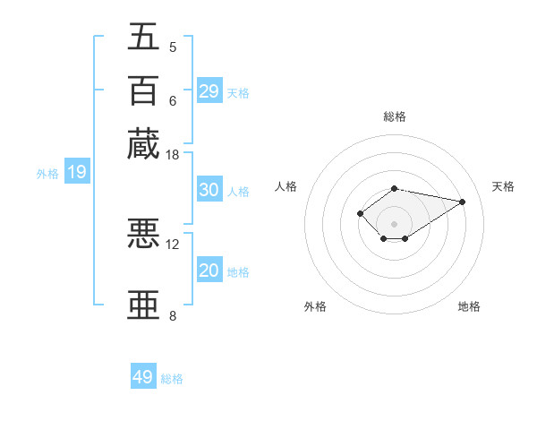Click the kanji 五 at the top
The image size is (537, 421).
[143, 37]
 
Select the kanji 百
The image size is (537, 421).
[143, 90]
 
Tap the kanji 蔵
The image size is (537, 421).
[143, 143]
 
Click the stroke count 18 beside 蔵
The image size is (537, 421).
[173, 155]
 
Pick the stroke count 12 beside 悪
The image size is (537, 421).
[173, 244]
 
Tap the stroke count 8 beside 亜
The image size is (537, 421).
[173, 315]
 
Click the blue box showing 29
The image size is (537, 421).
[209, 90]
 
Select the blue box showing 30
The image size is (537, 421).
[209, 190]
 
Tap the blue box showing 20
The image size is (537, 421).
[209, 271]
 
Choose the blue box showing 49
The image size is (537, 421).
[143, 377]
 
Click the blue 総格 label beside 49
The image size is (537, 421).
[172, 379]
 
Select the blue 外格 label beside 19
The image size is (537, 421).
[47, 174]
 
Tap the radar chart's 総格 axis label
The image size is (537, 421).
[395, 116]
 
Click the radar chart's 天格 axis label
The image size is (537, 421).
[503, 186]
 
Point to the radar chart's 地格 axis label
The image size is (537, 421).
[469, 306]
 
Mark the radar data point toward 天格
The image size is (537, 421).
[462, 202]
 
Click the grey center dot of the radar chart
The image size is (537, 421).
[395, 223]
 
